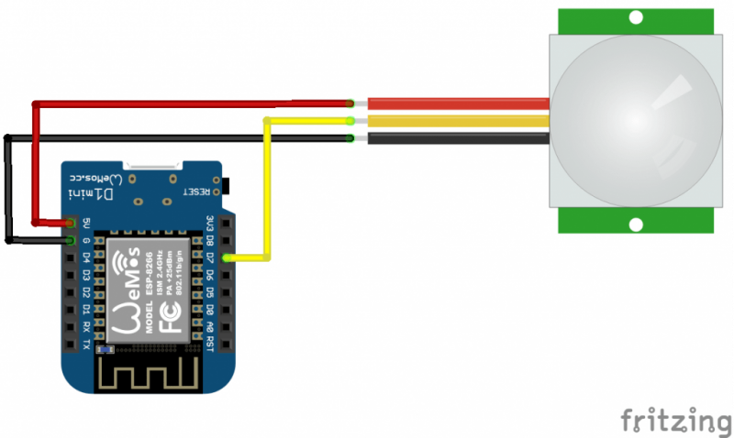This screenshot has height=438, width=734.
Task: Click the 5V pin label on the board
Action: coord(86,223)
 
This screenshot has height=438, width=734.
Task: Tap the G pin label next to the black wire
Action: coord(86,240)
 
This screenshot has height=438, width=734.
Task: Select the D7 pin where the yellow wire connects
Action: coord(228,257)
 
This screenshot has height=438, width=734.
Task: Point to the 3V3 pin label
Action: coord(209,224)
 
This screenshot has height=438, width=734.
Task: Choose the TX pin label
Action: coord(86,343)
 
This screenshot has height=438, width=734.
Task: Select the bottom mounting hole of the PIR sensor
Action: coord(635,224)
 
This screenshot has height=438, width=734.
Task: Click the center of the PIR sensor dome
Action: coord(635,119)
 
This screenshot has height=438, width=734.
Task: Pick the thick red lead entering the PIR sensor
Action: coord(459,104)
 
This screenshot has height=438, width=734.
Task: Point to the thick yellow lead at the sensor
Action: coord(459,121)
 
